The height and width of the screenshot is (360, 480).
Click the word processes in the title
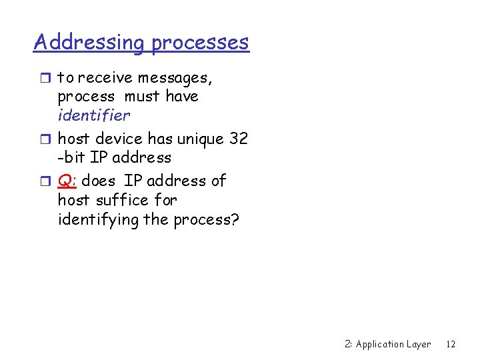(x=200, y=43)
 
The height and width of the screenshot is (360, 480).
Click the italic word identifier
(x=94, y=115)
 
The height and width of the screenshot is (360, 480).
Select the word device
(x=119, y=139)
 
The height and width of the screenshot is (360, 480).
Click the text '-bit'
(x=73, y=158)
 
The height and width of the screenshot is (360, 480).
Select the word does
(x=99, y=181)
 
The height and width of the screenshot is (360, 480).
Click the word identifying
(x=98, y=219)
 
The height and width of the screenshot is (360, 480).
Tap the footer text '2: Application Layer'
(x=388, y=344)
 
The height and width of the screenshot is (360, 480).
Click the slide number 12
(x=451, y=344)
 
